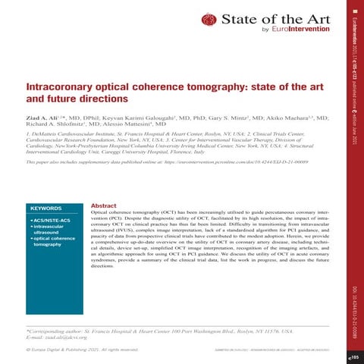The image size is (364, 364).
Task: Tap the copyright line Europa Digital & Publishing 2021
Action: point(86,350)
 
